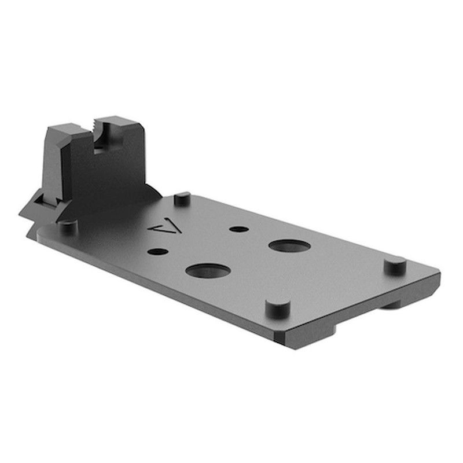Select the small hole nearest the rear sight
pos(157,252)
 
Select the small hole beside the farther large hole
pos(238,229)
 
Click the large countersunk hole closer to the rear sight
pos(208,270)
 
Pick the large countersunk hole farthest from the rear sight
pos(289,245)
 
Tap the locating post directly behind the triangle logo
pos(182,198)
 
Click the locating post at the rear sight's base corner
pos(68,225)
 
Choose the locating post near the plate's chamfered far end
pos(395,265)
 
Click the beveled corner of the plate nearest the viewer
pos(284,341)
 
